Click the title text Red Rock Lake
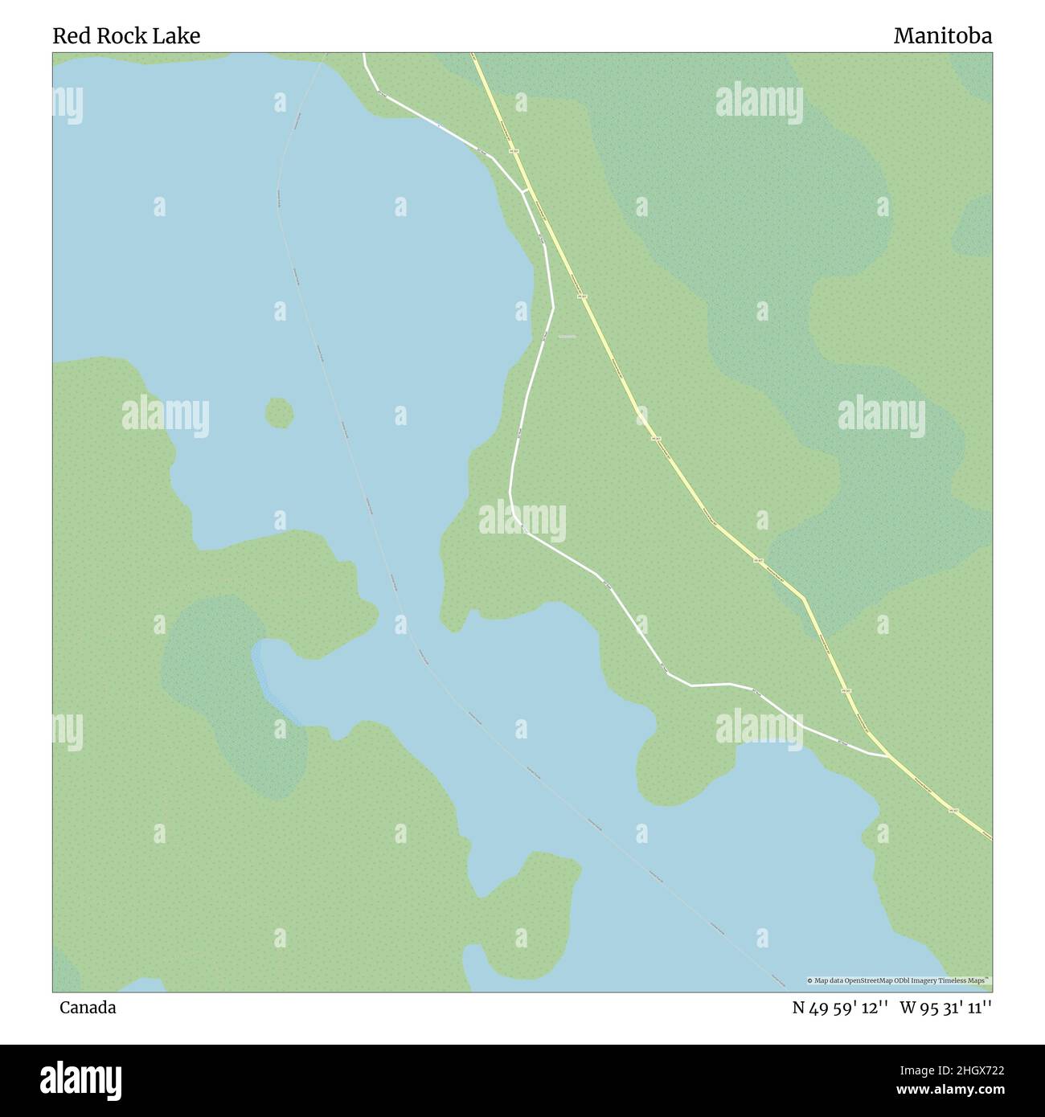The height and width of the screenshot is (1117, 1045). [126, 36]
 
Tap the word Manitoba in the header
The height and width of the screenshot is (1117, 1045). [942, 36]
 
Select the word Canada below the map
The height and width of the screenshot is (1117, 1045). [88, 1008]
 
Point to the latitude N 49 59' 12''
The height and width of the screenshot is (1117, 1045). [839, 1008]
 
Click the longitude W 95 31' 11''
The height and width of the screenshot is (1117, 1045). [945, 1008]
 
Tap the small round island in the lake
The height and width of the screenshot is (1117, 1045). [279, 413]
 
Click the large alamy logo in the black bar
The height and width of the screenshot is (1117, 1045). [82, 1078]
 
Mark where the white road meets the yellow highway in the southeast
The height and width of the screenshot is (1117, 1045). [888, 756]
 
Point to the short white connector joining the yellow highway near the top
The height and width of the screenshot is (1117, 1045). [524, 190]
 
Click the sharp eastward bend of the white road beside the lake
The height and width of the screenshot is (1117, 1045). [553, 307]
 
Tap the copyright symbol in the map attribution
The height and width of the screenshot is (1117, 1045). [810, 981]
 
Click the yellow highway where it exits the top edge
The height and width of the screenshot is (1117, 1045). [473, 55]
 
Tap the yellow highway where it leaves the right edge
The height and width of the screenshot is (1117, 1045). [990, 838]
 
